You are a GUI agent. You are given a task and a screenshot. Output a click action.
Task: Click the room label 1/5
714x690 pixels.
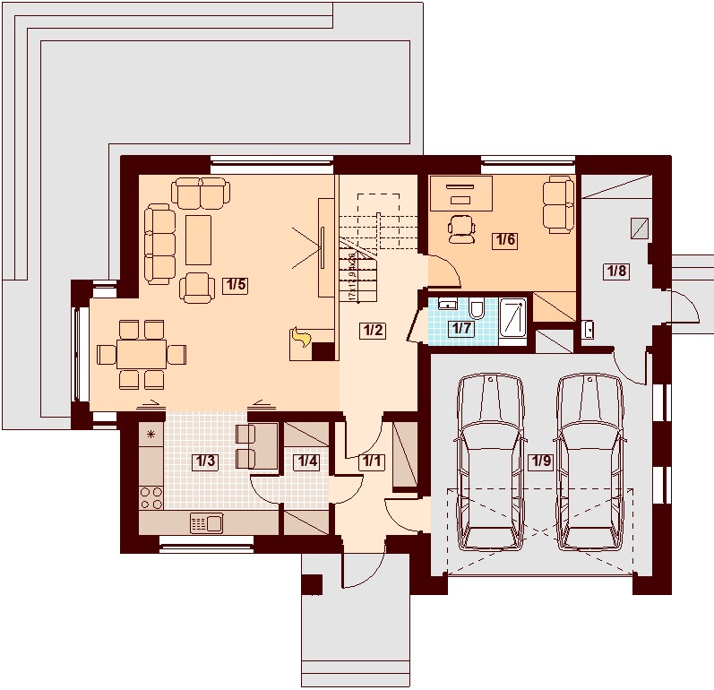tap(236, 285)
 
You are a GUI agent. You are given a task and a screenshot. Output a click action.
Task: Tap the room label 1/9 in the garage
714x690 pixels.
tap(540, 461)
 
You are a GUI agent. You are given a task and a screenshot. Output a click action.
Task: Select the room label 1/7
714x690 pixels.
tap(462, 328)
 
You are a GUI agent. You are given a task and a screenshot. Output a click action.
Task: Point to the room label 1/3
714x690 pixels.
tap(205, 461)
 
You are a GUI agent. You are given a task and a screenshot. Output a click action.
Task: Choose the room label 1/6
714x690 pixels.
tap(505, 239)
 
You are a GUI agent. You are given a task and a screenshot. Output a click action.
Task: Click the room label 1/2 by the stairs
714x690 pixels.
tap(373, 330)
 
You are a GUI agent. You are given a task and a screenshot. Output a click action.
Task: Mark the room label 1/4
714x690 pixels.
tap(307, 461)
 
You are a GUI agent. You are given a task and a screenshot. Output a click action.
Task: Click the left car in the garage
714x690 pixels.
tap(490, 461)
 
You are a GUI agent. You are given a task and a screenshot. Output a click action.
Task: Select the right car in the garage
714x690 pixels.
tap(589, 461)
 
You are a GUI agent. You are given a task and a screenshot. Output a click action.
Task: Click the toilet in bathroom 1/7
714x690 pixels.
tap(477, 310)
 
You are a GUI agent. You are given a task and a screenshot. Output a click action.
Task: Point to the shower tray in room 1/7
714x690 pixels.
tap(513, 320)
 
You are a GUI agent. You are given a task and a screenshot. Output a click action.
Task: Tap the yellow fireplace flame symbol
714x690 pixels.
tap(301, 338)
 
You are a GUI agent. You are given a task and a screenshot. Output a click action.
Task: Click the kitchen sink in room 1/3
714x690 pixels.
tap(206, 522)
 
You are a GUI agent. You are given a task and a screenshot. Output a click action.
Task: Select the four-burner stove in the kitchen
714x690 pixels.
tap(151, 497)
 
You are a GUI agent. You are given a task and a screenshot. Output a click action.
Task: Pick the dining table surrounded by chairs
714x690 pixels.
tap(141, 354)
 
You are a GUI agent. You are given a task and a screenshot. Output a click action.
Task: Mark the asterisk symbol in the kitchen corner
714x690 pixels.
tap(151, 436)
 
